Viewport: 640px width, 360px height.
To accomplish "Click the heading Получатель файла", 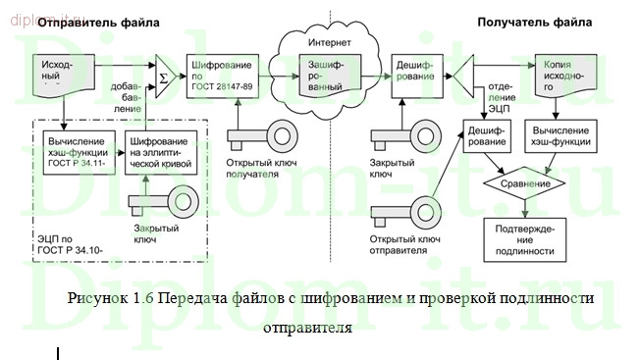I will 535,21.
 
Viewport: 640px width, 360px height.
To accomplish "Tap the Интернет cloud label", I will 329,44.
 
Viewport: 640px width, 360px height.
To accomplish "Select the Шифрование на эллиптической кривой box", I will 158,153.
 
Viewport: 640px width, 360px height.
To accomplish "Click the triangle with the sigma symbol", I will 164,74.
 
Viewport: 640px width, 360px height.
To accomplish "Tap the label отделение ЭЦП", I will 501,97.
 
